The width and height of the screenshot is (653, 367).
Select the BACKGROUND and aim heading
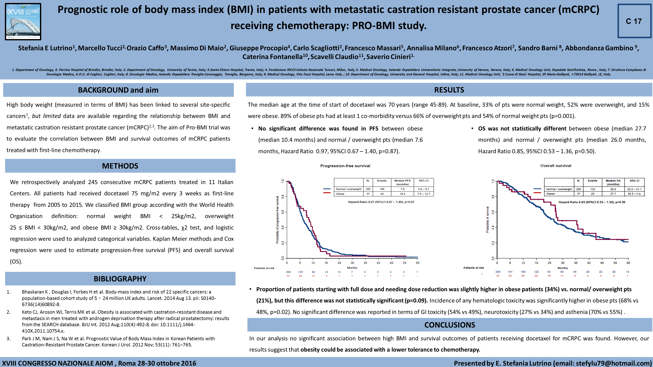click(x=118, y=90)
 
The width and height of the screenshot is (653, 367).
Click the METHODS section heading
click(x=120, y=166)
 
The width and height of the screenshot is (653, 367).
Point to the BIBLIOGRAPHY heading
click(x=120, y=279)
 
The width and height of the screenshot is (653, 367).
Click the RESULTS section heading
click(x=449, y=90)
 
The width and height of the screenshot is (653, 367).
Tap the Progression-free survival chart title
click(x=345, y=166)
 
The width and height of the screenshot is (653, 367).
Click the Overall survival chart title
click(x=556, y=166)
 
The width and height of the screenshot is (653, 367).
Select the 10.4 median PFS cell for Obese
click(x=402, y=194)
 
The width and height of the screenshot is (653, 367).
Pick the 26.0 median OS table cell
click(x=613, y=189)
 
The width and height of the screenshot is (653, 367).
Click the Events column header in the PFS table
click(x=382, y=181)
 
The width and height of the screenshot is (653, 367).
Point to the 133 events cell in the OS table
click(x=592, y=189)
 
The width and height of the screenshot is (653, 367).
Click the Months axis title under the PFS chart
click(x=352, y=268)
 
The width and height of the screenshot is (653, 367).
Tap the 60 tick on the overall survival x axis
click(x=628, y=263)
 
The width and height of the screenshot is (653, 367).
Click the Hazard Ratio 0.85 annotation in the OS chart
click(x=592, y=202)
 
